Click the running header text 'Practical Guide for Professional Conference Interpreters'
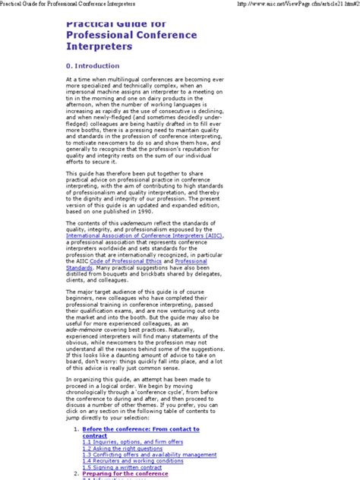coord(77,5)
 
